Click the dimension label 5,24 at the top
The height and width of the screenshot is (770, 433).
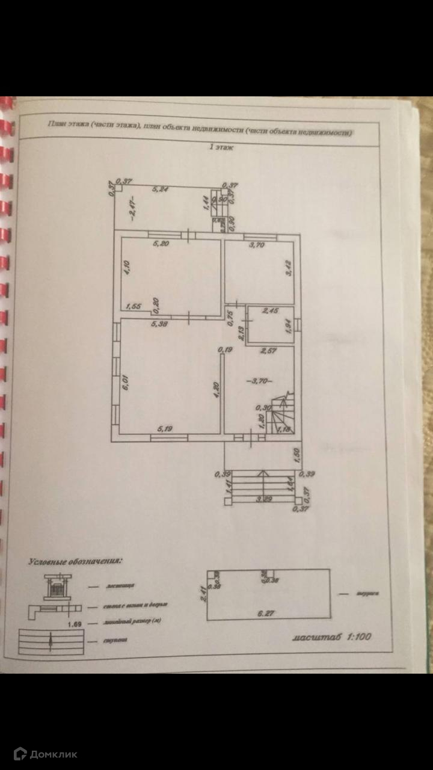pos(159,189)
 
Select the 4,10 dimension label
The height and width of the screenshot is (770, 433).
pos(127,267)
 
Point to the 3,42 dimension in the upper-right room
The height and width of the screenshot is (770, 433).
pos(289,267)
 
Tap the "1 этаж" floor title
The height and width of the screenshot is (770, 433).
pos(221,147)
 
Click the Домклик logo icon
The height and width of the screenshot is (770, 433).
pos(20,754)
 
